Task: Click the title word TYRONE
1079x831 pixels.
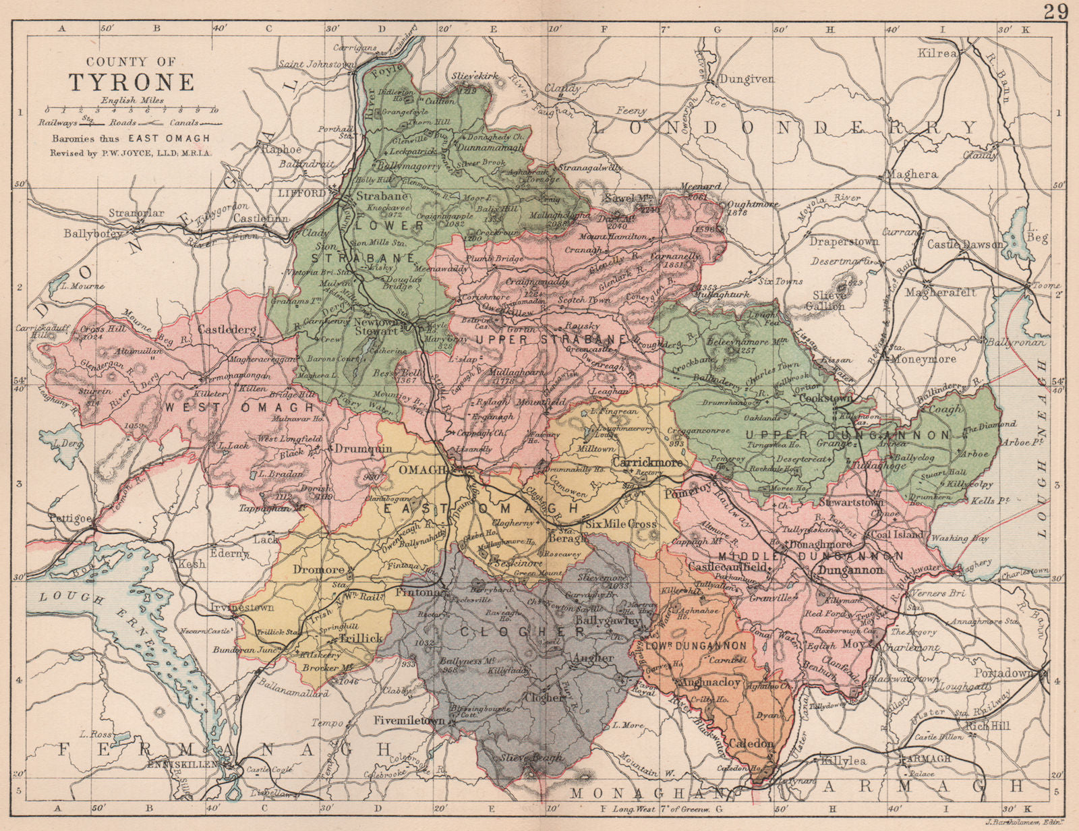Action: pyautogui.click(x=132, y=81)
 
